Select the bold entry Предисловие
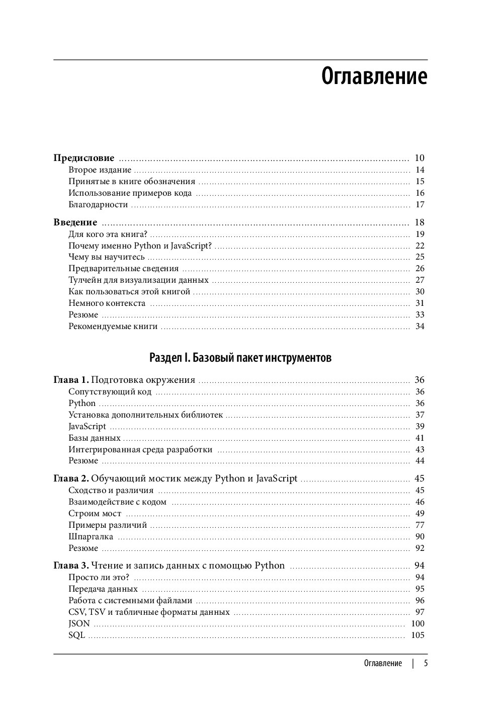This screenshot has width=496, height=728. coord(84,158)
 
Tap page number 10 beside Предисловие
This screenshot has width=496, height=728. coord(420,158)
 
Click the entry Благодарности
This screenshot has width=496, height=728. coord(98,205)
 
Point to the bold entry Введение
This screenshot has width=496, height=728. coord(75,222)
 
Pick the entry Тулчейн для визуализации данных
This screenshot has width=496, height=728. coord(138,280)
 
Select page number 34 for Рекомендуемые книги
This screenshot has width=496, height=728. coord(420,327)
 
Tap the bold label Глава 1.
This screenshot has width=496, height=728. coord(71,380)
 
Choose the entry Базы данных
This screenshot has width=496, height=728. coord(95,438)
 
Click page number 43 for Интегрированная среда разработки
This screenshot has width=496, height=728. coord(420,449)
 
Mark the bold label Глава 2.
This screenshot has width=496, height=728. coord(71,478)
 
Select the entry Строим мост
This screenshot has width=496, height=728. coord(95,513)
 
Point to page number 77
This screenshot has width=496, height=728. coord(420,525)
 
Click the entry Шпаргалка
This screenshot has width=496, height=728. coord(91,536)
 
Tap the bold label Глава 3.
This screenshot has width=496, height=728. coord(71,565)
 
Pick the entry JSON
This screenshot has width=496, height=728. coord(79,623)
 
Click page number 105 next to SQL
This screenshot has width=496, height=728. coord(418,635)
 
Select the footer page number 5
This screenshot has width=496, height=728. coord(426,663)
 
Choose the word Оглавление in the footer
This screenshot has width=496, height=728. coord(383,663)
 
